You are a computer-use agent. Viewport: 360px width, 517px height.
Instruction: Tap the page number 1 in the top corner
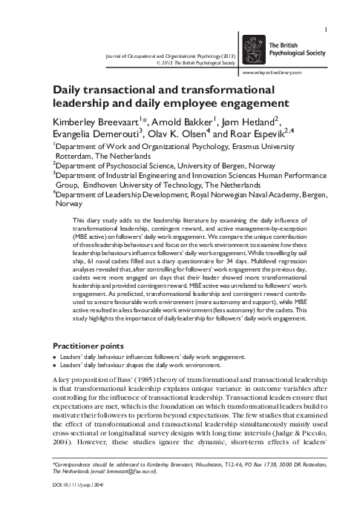[x=327, y=9]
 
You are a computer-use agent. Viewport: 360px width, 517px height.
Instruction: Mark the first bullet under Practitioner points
[x=54, y=358]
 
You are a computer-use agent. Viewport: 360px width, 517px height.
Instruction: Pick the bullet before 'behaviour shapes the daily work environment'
[x=54, y=366]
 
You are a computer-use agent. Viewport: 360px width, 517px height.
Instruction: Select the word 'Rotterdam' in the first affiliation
[x=77, y=157]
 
